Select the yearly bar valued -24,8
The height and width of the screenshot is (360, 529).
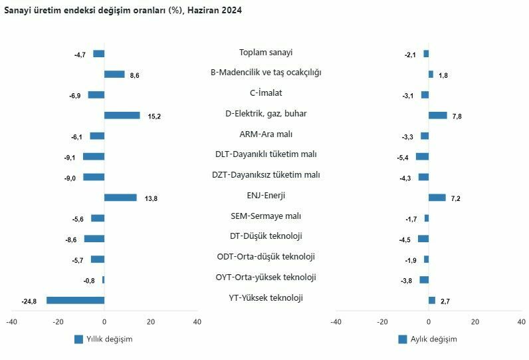click(x=75, y=300)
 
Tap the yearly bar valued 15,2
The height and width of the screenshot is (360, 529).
click(x=122, y=115)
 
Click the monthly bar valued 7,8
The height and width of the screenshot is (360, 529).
click(x=438, y=115)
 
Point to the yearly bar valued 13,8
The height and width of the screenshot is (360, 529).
click(x=120, y=198)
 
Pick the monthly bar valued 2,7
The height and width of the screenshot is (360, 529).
click(x=432, y=300)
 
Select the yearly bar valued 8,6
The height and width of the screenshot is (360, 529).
click(x=114, y=75)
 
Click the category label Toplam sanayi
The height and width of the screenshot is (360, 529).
click(x=266, y=53)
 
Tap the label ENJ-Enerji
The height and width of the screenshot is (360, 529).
click(x=266, y=196)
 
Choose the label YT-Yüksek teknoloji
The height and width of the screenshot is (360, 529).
click(x=266, y=297)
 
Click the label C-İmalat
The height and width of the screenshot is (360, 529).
click(x=266, y=93)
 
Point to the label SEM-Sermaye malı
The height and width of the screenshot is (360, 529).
click(x=266, y=216)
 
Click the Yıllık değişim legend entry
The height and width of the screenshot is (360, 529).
click(x=104, y=339)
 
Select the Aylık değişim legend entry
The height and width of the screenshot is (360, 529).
click(x=428, y=339)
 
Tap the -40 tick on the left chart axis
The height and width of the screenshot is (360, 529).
click(x=11, y=322)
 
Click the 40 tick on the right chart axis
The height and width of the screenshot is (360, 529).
click(x=521, y=322)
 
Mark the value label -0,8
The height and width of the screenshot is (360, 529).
click(x=89, y=281)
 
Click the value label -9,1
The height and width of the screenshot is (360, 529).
click(x=70, y=158)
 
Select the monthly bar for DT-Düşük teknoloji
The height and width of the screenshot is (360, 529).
click(x=423, y=238)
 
